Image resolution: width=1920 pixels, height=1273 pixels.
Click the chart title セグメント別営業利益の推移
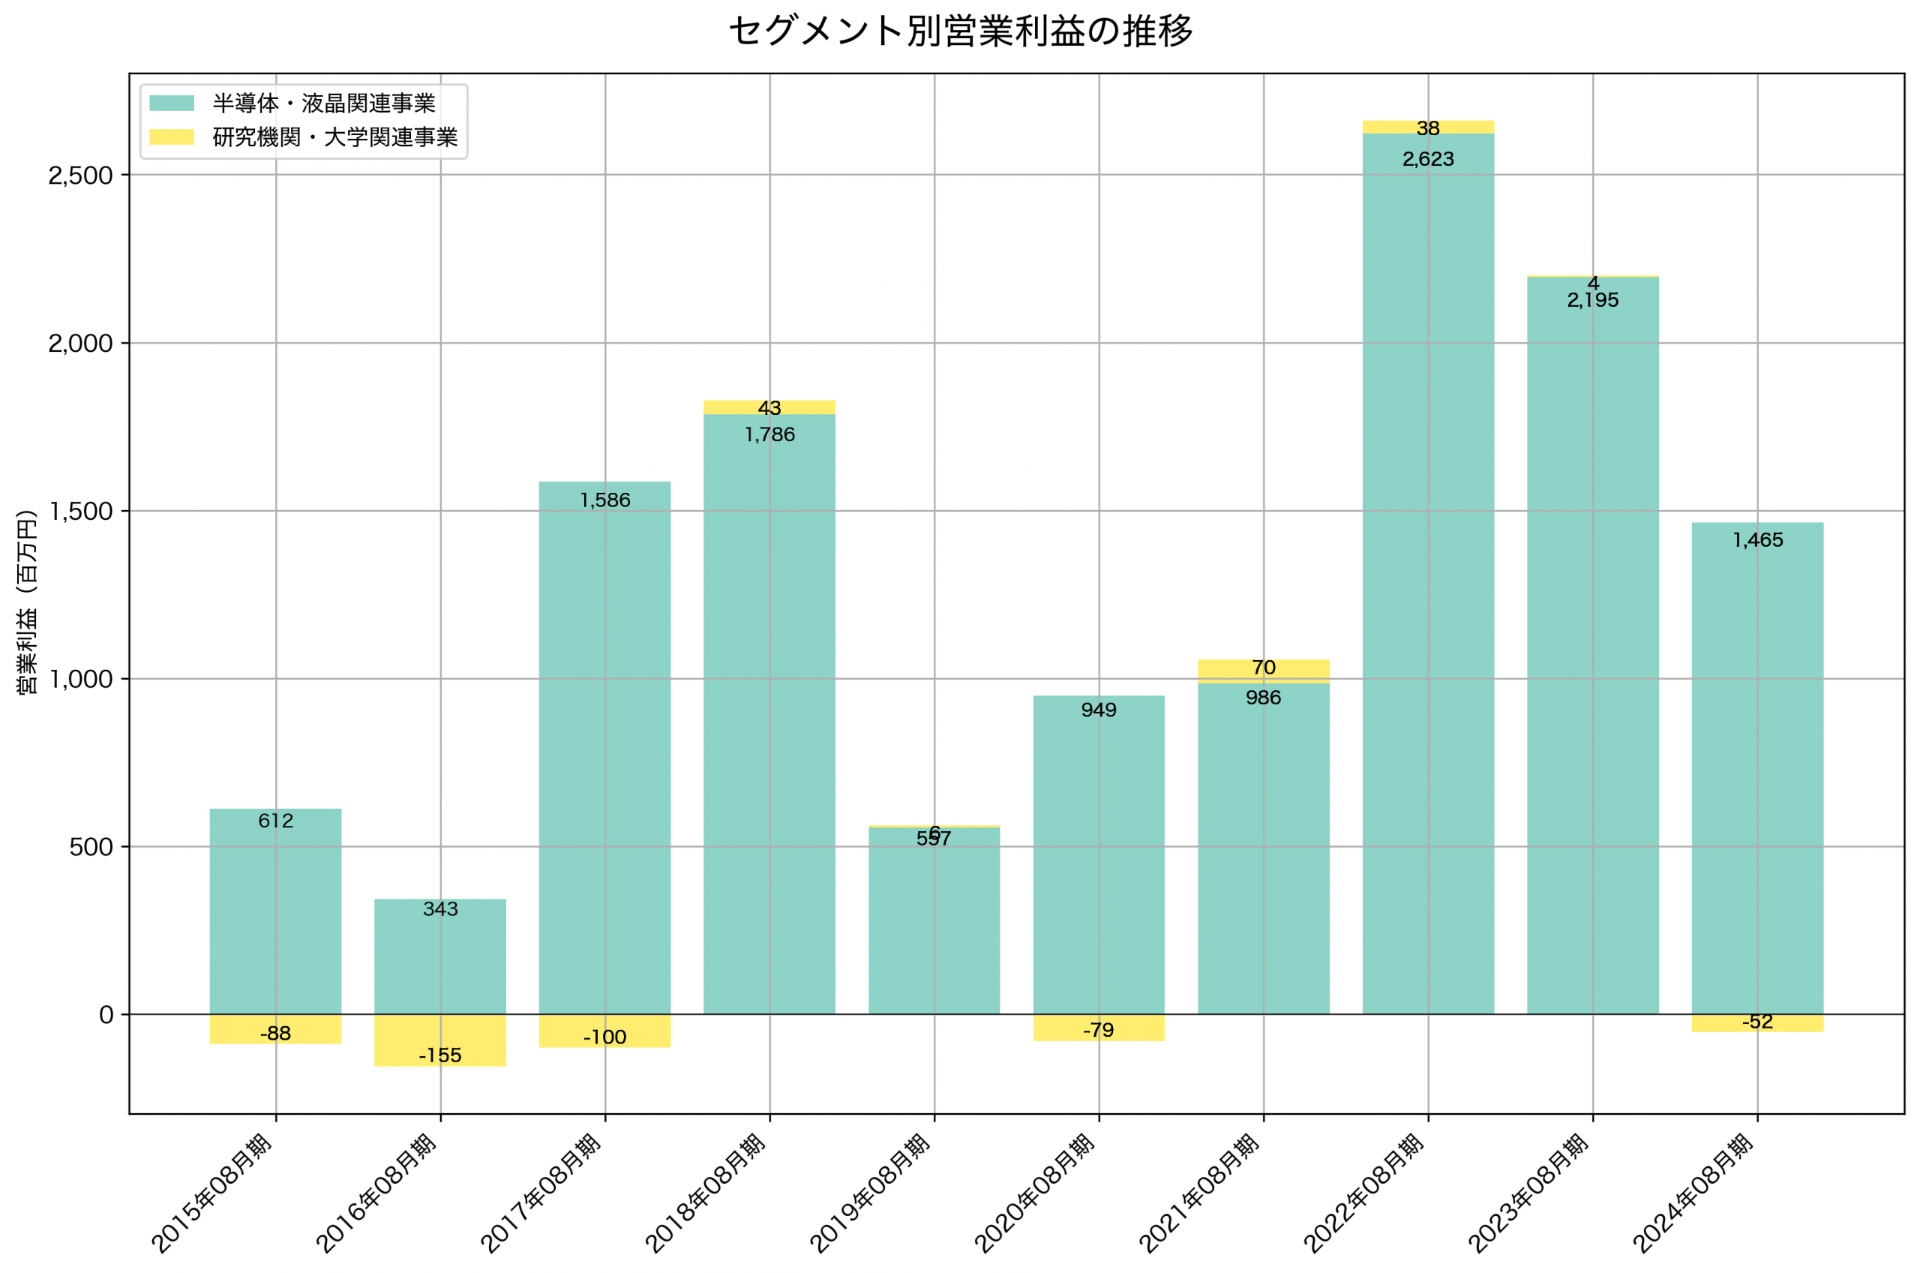point(960,32)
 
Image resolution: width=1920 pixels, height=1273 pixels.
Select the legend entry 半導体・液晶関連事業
point(324,103)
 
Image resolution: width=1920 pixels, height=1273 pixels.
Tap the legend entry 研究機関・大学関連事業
point(334,137)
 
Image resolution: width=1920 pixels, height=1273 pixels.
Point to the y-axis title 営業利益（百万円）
point(28,602)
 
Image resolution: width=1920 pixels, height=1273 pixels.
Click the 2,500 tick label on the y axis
point(79,176)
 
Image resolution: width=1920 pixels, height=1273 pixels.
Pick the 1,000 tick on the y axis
point(79,679)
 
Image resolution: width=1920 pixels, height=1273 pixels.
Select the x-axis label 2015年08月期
point(212,1194)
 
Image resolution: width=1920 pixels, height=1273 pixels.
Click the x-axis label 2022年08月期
point(1364,1194)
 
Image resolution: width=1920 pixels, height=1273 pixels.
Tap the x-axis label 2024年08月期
point(1693,1194)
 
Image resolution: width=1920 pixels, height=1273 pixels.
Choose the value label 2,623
point(1427,159)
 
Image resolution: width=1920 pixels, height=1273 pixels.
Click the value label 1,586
point(604,500)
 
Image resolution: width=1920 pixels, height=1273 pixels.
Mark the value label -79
point(1098,1030)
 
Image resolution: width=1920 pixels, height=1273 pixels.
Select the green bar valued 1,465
point(1757,771)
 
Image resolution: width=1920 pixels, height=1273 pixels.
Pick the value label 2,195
point(1592,300)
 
